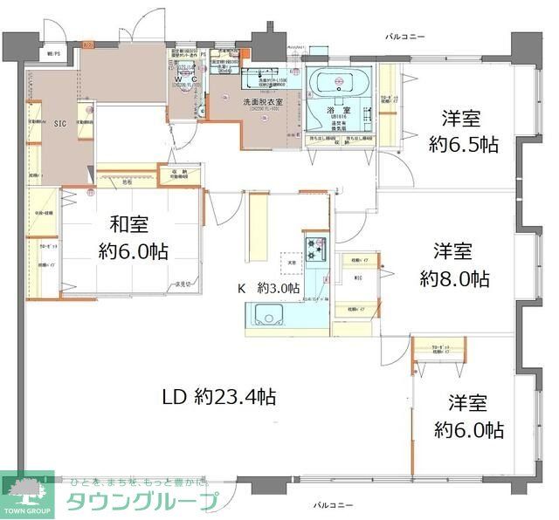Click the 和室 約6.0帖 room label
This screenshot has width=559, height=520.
133,237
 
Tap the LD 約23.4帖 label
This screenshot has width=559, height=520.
219,397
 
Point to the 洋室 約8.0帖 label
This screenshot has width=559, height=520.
453,265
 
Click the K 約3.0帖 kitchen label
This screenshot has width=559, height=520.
269,288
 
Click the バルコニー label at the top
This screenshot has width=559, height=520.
405,37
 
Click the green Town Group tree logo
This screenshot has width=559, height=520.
27,490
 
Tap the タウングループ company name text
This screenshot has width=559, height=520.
141,501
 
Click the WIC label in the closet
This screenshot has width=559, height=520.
357,278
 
